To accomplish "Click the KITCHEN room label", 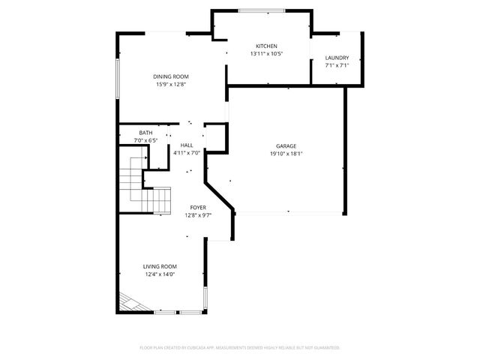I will tap(265, 46).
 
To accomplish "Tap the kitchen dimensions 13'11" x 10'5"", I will tap(265, 54).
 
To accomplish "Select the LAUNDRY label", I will tap(337, 58).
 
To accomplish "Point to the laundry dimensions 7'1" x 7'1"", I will tap(337, 66).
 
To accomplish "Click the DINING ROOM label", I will tap(170, 76).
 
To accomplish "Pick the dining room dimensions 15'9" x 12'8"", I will tap(170, 85).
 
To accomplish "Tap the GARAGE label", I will tap(286, 146).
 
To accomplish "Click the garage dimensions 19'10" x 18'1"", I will tap(286, 154).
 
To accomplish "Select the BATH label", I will tap(145, 133).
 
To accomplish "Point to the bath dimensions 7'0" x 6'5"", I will tap(145, 140).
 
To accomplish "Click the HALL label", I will tap(187, 145).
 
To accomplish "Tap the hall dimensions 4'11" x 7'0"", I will tap(187, 153).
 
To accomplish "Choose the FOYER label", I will tap(198, 208).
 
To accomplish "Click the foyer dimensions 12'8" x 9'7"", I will tap(198, 216).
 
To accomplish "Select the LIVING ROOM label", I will tap(160, 266).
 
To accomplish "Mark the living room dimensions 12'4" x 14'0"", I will tap(160, 274).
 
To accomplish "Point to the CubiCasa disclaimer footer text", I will tap(240, 348).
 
